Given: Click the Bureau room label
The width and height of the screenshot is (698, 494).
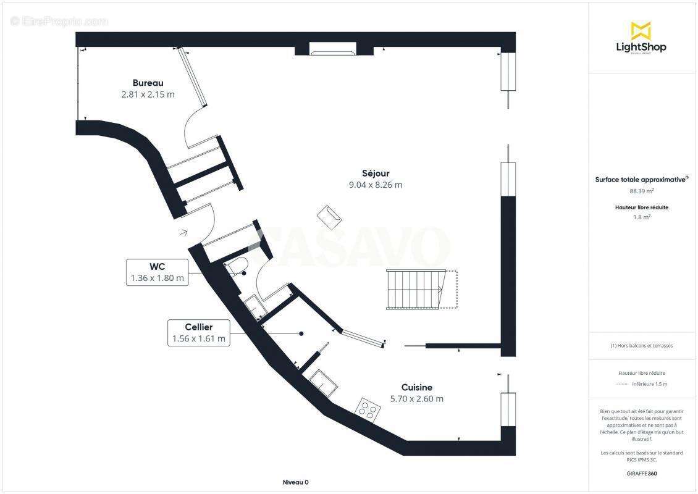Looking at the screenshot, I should click(148, 83).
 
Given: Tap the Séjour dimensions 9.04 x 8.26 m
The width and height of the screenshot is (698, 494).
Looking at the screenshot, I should click(376, 185).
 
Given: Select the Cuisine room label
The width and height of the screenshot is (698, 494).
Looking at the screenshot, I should click(416, 387).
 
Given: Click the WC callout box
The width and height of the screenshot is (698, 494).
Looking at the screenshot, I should click(157, 272).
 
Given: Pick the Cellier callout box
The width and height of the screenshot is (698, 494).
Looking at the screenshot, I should click(199, 332).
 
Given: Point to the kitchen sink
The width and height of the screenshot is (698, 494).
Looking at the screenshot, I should click(323, 383).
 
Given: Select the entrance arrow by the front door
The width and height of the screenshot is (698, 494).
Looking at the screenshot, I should click(183, 233).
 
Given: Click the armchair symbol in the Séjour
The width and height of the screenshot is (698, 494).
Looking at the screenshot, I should click(329, 217).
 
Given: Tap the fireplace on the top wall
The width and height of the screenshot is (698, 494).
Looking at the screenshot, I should click(333, 49).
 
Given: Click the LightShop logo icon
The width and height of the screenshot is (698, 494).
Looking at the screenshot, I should click(641, 30).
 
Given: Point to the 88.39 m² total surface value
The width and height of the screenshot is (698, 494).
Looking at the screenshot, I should click(641, 191).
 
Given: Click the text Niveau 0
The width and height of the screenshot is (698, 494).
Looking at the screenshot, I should click(295, 482).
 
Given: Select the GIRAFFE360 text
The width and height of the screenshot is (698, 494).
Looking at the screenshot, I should click(641, 472).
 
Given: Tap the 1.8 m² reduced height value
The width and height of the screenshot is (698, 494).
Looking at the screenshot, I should click(641, 217).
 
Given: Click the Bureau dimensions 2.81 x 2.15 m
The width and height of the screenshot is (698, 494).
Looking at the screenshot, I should click(148, 94).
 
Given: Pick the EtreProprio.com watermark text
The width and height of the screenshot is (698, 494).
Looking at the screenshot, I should click(59, 21).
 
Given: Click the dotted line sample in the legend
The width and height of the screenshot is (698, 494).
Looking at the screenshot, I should click(623, 384).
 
